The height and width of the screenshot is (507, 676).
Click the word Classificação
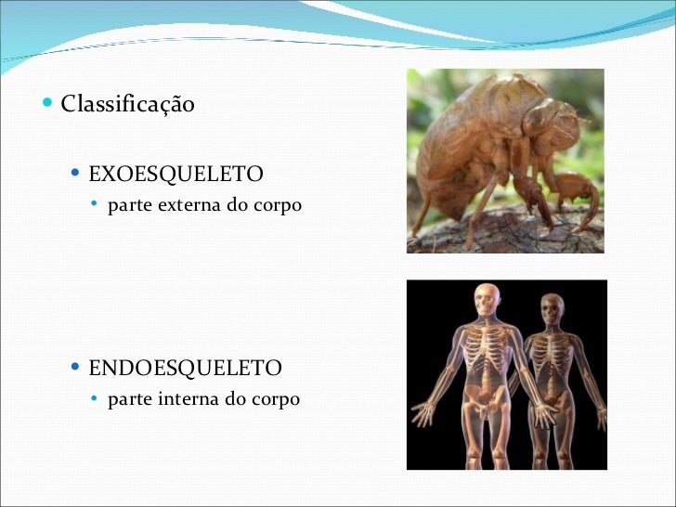pyautogui.click(x=127, y=104)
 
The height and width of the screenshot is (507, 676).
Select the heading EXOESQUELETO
pyautogui.click(x=175, y=174)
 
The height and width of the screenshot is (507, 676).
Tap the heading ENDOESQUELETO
pyautogui.click(x=185, y=369)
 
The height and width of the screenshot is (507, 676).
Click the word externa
pyautogui.click(x=186, y=205)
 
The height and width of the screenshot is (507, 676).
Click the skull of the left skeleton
pyautogui.click(x=486, y=299)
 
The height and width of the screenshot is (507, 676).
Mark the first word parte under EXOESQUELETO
pyautogui.click(x=126, y=205)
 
